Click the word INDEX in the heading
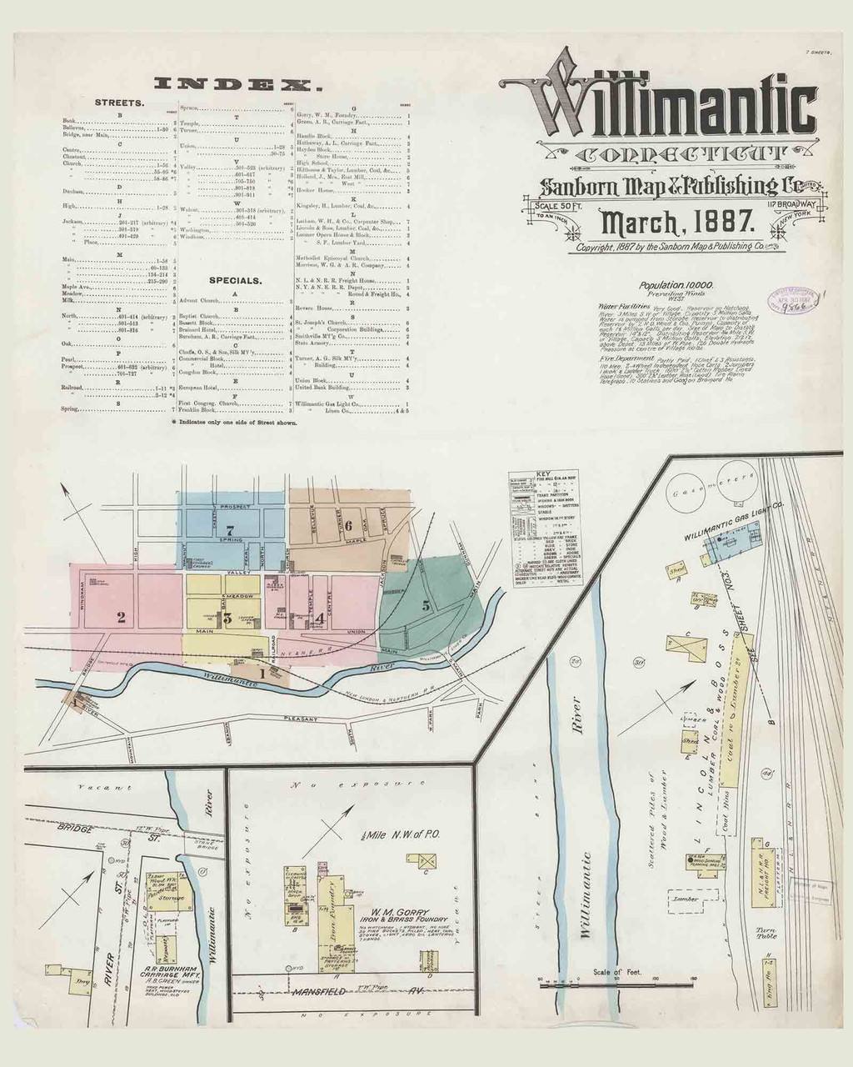tap(234, 83)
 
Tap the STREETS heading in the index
tap(119, 102)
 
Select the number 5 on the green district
tap(426, 606)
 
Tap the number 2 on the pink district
tap(122, 618)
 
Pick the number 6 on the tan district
tap(348, 525)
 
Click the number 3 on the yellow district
tap(227, 618)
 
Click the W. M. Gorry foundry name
tap(389, 911)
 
